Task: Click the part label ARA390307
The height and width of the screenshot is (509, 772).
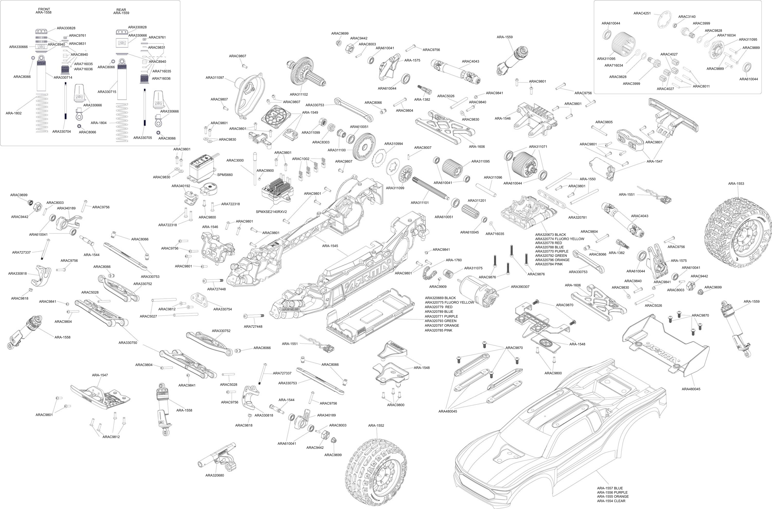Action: [520, 287]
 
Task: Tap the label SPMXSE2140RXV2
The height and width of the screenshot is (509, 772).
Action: [271, 212]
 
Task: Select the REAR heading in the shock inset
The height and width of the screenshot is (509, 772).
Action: [121, 10]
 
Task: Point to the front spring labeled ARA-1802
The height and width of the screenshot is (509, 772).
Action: [45, 113]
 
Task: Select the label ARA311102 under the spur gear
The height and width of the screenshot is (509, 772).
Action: [299, 95]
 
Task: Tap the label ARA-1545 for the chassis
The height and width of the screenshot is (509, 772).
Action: [330, 246]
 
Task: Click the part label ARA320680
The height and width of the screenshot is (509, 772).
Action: [214, 475]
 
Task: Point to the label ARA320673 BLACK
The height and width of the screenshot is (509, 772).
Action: [550, 234]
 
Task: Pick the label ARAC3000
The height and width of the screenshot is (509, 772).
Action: [235, 160]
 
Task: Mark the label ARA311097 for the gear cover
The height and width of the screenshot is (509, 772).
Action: [215, 77]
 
